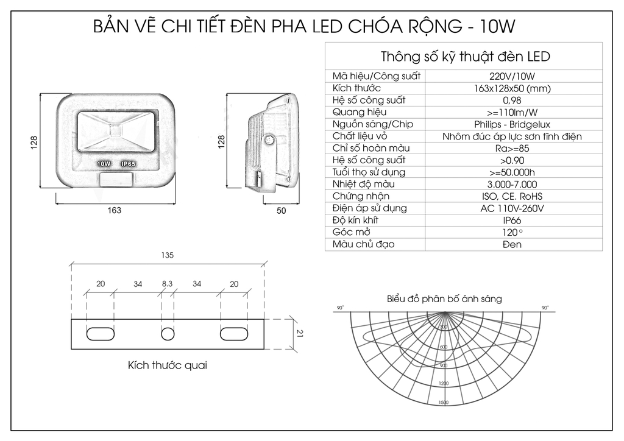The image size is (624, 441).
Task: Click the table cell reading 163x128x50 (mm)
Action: click(x=512, y=88)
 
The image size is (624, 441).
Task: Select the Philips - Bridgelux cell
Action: click(x=512, y=124)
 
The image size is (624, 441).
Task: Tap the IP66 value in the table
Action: click(x=512, y=220)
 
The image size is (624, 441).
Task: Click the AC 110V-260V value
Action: click(x=512, y=208)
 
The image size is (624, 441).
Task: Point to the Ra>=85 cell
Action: click(x=512, y=149)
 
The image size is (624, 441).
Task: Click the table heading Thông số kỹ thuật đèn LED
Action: click(x=465, y=57)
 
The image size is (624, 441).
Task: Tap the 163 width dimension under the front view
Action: click(x=114, y=211)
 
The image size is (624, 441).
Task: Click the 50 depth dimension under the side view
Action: click(x=281, y=211)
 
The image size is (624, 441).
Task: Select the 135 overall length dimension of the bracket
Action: click(x=168, y=256)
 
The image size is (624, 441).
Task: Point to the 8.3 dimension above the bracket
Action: click(x=168, y=284)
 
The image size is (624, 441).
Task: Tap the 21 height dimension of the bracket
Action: click(x=299, y=333)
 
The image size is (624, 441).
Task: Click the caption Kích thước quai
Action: click(x=168, y=365)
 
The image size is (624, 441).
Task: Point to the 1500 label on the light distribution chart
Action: click(x=443, y=403)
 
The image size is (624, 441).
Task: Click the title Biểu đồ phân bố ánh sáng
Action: click(x=444, y=299)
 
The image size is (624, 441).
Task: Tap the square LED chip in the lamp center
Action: click(x=115, y=129)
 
